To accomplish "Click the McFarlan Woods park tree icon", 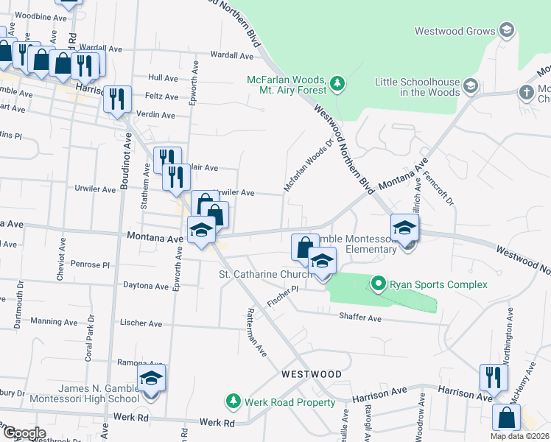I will point(337,83).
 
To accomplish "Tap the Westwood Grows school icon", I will point(506,31).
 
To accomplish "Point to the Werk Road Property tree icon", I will point(234,401).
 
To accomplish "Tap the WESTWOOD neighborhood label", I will point(312,374).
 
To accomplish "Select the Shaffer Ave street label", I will point(360,318).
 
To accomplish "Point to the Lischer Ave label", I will point(141,323).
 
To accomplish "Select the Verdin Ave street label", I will point(157,116).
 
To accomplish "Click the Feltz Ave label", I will point(161,97).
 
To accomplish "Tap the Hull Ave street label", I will point(163,77).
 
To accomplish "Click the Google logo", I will point(24,433).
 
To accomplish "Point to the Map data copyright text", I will point(519,436).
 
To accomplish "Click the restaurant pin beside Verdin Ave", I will point(117,99).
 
